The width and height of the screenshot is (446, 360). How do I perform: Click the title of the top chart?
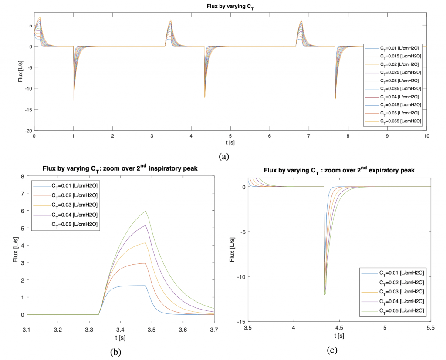click(230, 7)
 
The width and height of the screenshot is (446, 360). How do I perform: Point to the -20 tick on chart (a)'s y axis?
click(29, 131)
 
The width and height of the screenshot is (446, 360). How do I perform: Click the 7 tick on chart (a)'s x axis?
click(309, 136)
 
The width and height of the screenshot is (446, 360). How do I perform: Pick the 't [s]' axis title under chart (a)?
click(230, 142)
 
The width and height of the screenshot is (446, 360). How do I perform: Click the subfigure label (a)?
click(224, 156)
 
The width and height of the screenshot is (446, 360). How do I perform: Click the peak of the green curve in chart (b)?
click(145, 211)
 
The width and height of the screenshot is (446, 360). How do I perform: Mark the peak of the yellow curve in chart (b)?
click(145, 243)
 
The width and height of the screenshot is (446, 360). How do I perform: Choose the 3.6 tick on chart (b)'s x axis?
click(183, 330)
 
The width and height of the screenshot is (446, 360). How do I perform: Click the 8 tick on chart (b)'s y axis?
click(23, 177)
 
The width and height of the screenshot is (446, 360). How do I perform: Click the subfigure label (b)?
click(115, 352)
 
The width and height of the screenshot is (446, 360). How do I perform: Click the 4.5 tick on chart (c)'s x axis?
click(339, 328)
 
